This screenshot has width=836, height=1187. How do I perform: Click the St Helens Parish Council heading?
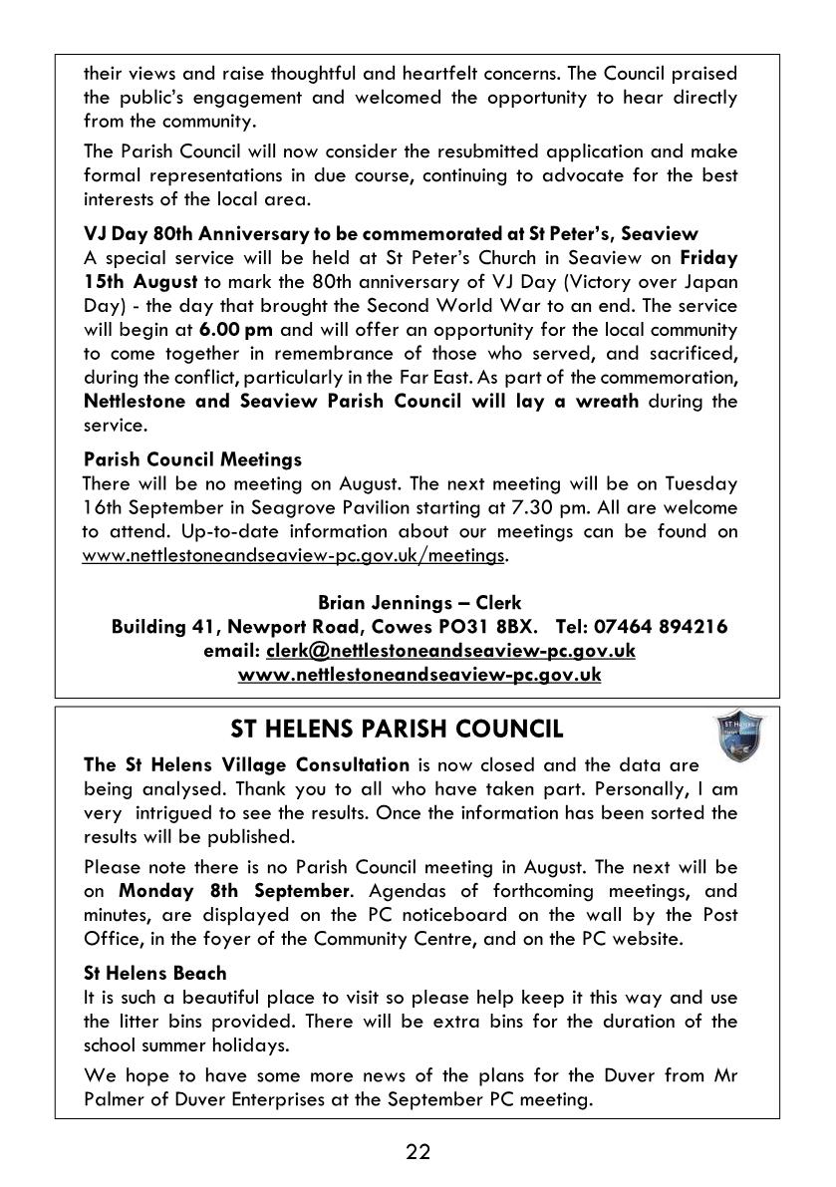point(397,730)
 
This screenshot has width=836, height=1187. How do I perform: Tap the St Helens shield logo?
point(740,738)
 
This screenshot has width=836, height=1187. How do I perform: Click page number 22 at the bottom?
point(418,1152)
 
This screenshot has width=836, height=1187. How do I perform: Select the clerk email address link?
point(450,651)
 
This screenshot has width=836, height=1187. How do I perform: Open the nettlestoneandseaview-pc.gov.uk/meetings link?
point(294,555)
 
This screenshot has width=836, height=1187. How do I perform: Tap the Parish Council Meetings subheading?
point(192,459)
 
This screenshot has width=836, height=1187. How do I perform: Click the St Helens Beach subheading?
point(155,973)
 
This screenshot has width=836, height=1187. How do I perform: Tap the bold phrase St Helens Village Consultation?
point(246,765)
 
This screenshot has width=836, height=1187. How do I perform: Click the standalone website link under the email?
point(419,675)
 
